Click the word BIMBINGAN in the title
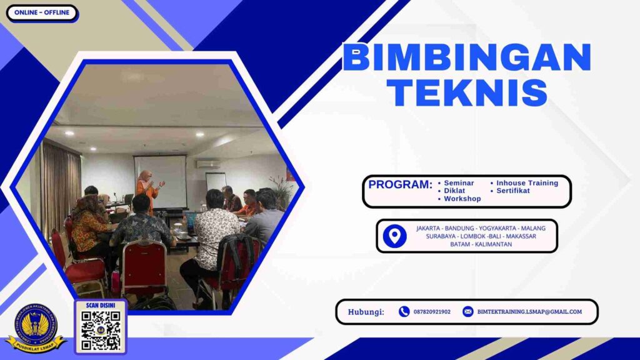pos(466,58)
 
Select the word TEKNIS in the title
pos(471,92)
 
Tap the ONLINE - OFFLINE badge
pos(42,12)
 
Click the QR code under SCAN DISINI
pos(100,330)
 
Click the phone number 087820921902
pos(432,312)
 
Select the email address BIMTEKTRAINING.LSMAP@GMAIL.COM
pos(529,312)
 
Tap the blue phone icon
pos(404,312)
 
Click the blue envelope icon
pos(467,312)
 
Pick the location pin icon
pos(394,236)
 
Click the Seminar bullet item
pos(459,183)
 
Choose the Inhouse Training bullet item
pos(527,183)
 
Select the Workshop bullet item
pos(462,199)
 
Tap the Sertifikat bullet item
pos(513,191)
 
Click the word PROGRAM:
pos(400,185)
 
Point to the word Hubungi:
pos(366,312)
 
